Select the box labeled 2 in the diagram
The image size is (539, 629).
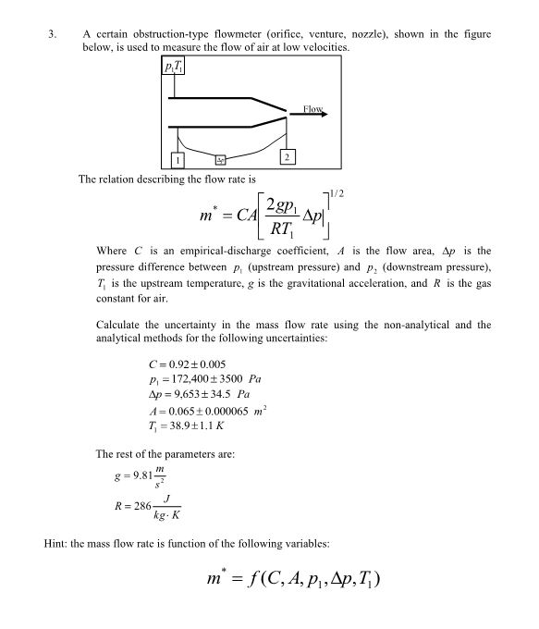coord(288,156)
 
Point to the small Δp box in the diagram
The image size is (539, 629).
coord(221,161)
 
